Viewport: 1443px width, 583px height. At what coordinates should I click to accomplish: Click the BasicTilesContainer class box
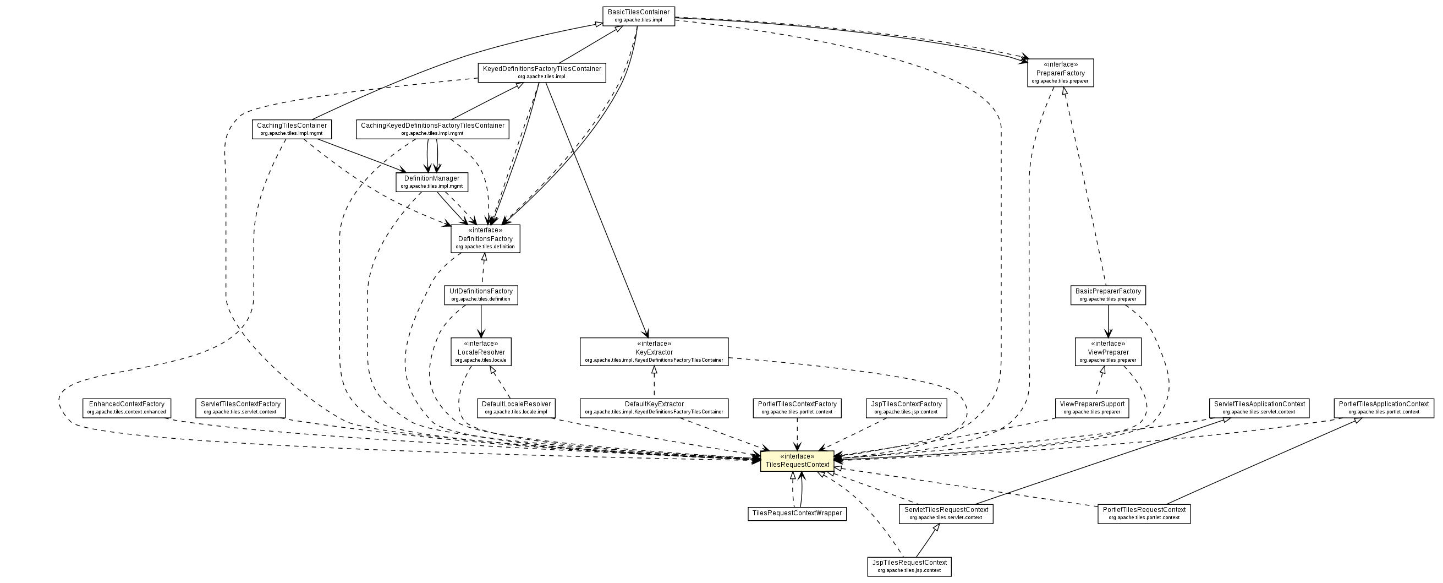tap(638, 16)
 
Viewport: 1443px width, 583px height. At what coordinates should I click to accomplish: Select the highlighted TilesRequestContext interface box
tap(797, 461)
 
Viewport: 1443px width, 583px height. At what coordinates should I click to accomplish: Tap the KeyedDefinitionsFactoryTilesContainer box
tap(542, 72)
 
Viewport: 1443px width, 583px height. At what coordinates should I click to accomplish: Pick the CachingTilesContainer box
tap(291, 129)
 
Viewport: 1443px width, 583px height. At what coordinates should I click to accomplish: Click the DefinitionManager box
tap(431, 182)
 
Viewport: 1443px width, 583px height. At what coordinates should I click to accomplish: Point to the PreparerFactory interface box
tap(1061, 73)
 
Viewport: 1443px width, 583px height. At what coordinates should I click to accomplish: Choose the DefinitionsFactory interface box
tap(485, 239)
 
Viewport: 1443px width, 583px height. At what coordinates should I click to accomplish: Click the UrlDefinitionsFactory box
tap(481, 295)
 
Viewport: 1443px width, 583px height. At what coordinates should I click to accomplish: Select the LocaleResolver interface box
tap(481, 352)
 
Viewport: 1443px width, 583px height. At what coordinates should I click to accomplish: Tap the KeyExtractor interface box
tap(654, 352)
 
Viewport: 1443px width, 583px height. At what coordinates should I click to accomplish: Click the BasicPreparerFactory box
tap(1107, 295)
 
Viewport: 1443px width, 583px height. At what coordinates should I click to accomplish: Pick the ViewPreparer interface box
tap(1107, 352)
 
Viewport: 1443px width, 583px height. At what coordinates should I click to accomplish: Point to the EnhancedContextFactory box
tap(127, 407)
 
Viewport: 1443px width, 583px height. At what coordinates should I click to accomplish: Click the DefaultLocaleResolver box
tap(516, 407)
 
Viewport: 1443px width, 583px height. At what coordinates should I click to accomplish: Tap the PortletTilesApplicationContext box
tap(1384, 407)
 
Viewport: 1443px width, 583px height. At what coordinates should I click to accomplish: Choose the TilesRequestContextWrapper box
tap(797, 514)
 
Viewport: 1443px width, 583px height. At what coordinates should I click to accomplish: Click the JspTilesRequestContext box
tap(909, 566)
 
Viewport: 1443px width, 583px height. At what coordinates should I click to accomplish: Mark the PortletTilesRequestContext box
tap(1144, 514)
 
